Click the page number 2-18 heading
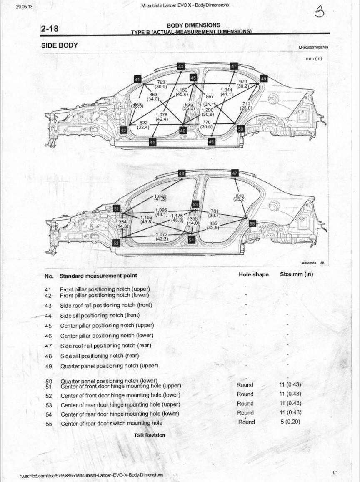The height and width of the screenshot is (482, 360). pos(50,28)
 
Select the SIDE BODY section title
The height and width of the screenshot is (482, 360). pos(59,45)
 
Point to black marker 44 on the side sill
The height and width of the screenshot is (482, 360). pos(152,143)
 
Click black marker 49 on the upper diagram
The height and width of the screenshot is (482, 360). pos(264,78)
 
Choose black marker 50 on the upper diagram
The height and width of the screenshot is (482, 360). pos(240,129)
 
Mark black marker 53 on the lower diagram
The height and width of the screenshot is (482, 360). pos(195,204)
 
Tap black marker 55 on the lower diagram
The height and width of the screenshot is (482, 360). pos(252,224)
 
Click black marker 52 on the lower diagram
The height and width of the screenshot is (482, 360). pos(117,243)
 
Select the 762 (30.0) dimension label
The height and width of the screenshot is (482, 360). pos(161,84)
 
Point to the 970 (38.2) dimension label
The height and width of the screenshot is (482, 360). pos(242,84)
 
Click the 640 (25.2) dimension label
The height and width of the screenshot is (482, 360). pos(240,197)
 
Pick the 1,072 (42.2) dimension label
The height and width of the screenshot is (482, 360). pos(162,237)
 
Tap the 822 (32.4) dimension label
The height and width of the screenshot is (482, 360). pos(144,125)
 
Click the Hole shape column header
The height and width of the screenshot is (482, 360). pos(253,274)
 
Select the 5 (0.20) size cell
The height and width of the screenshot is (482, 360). pos(290,422)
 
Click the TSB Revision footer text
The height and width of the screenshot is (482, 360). pos(149,435)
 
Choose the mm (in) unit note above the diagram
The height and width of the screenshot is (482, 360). pos(314,58)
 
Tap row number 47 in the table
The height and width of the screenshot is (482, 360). pos(48,346)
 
